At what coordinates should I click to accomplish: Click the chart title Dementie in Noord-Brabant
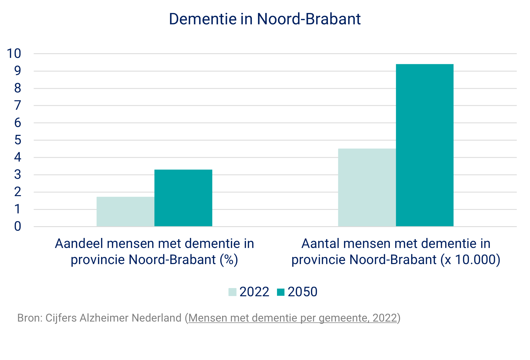pyautogui.click(x=264, y=19)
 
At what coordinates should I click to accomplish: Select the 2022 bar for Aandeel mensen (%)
pyautogui.click(x=125, y=212)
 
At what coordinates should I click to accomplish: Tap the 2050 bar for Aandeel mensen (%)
pyautogui.click(x=183, y=198)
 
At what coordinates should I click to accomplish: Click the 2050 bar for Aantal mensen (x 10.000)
pyautogui.click(x=424, y=145)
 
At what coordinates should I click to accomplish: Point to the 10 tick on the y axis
pyautogui.click(x=14, y=54)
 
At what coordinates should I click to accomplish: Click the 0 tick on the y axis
pyautogui.click(x=18, y=226)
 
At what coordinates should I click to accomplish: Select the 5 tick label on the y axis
pyautogui.click(x=18, y=140)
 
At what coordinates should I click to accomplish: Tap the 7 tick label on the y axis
pyautogui.click(x=18, y=106)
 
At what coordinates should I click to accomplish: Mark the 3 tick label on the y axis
pyautogui.click(x=18, y=175)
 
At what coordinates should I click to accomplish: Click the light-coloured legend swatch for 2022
pyautogui.click(x=232, y=292)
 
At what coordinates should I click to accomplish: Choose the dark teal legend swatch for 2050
pyautogui.click(x=281, y=292)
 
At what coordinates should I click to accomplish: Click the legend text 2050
pyautogui.click(x=302, y=292)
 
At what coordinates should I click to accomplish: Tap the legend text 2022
pyautogui.click(x=254, y=292)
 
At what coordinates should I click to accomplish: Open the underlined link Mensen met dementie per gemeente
pyautogui.click(x=292, y=318)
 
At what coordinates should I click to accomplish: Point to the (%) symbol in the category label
pyautogui.click(x=229, y=260)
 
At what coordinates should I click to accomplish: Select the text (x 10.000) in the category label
pyautogui.click(x=470, y=260)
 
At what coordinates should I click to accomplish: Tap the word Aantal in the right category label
pyautogui.click(x=320, y=244)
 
